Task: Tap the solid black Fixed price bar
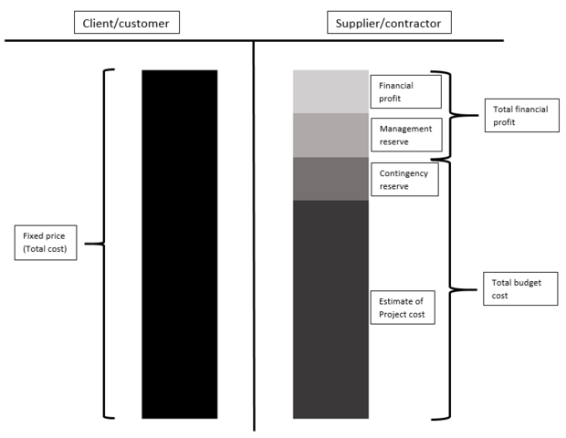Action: (179, 244)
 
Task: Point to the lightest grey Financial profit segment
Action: (330, 91)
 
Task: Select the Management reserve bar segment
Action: (330, 135)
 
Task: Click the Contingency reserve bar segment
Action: (330, 179)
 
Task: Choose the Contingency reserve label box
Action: (405, 179)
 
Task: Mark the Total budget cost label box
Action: (519, 289)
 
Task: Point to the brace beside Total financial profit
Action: (454, 115)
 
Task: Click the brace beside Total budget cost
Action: (454, 289)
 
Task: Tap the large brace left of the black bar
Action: (103, 244)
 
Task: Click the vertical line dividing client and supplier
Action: (254, 237)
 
